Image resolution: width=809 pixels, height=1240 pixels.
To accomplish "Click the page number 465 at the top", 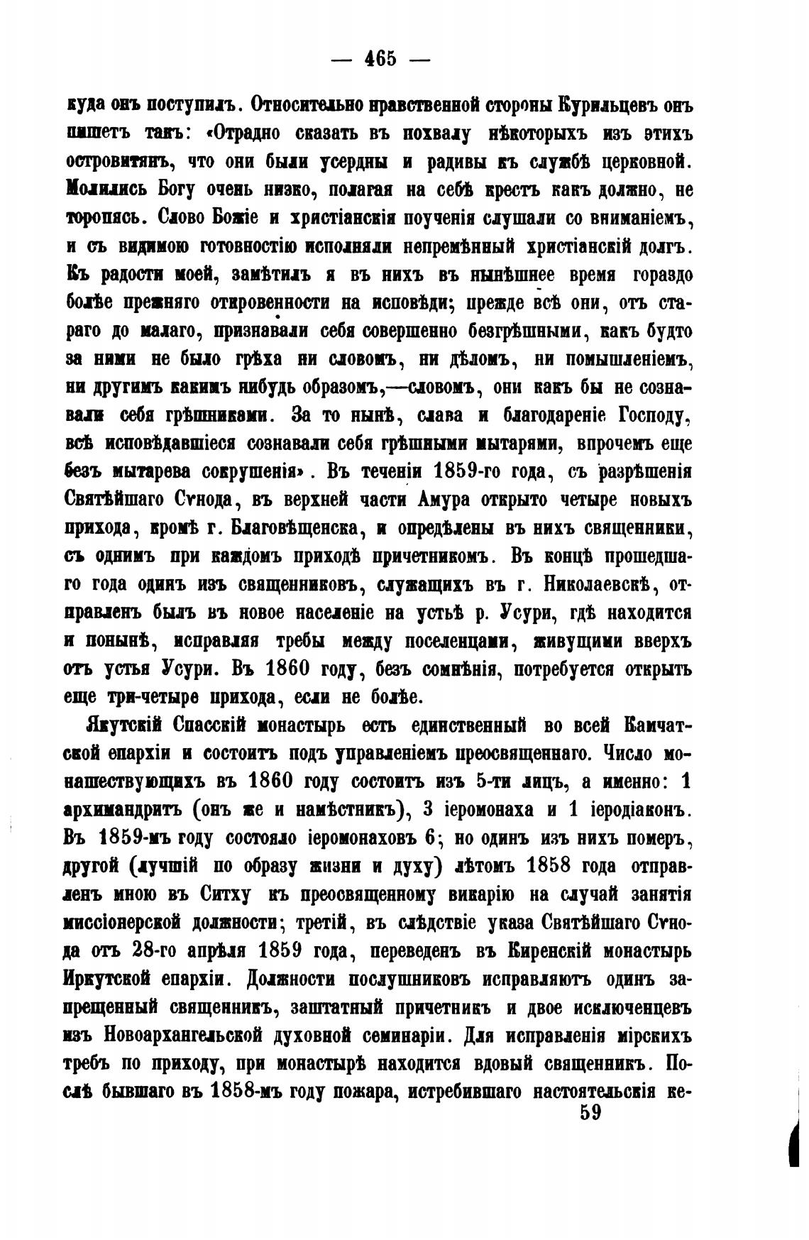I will point(380,58).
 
